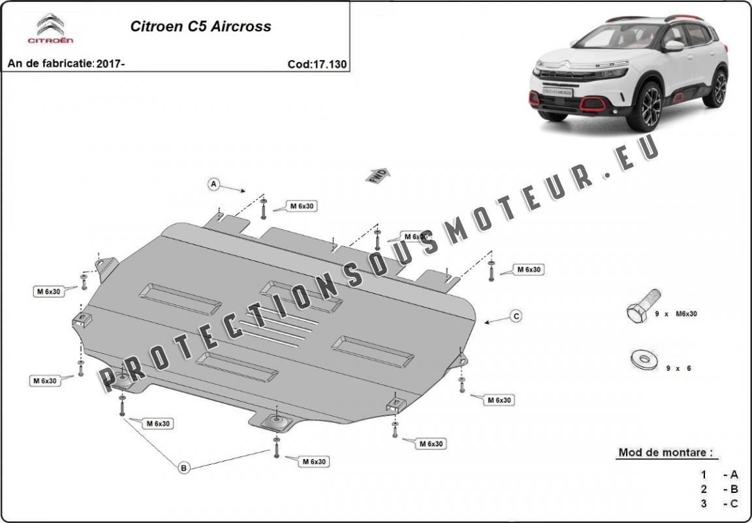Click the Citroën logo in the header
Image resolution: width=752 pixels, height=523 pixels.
pyautogui.click(x=50, y=30)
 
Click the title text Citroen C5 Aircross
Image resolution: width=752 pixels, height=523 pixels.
pyautogui.click(x=200, y=27)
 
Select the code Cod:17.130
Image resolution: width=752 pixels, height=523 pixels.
pyautogui.click(x=317, y=64)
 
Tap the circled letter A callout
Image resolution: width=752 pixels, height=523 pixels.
pyautogui.click(x=213, y=185)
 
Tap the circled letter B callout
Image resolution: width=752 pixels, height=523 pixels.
pyautogui.click(x=184, y=467)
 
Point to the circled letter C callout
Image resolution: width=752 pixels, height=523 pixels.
pyautogui.click(x=516, y=317)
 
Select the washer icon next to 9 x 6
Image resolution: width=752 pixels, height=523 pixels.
pyautogui.click(x=644, y=358)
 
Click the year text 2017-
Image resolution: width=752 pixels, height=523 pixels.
pyautogui.click(x=110, y=64)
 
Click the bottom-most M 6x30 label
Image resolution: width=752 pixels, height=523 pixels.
pyautogui.click(x=313, y=462)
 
